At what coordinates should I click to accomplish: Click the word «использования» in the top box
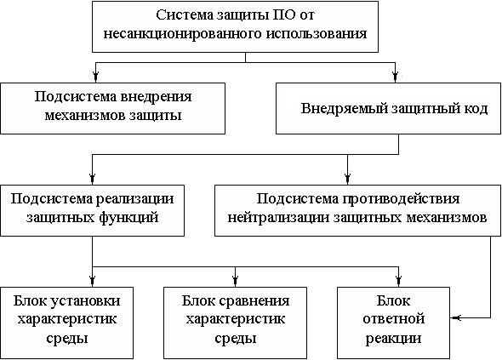click(x=317, y=34)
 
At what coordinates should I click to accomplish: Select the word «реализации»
click(x=134, y=199)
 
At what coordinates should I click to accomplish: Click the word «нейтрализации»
click(x=278, y=218)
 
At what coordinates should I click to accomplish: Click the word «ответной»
click(x=394, y=318)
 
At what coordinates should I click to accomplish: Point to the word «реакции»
click(x=394, y=338)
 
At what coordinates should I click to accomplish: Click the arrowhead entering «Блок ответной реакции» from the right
click(x=454, y=317)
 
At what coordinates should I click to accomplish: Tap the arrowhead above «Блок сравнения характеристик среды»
click(x=236, y=281)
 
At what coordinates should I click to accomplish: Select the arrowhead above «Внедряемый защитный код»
click(x=396, y=77)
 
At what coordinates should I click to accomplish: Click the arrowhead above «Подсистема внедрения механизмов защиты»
click(x=95, y=77)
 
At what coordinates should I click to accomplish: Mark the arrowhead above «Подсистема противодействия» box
click(x=348, y=179)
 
